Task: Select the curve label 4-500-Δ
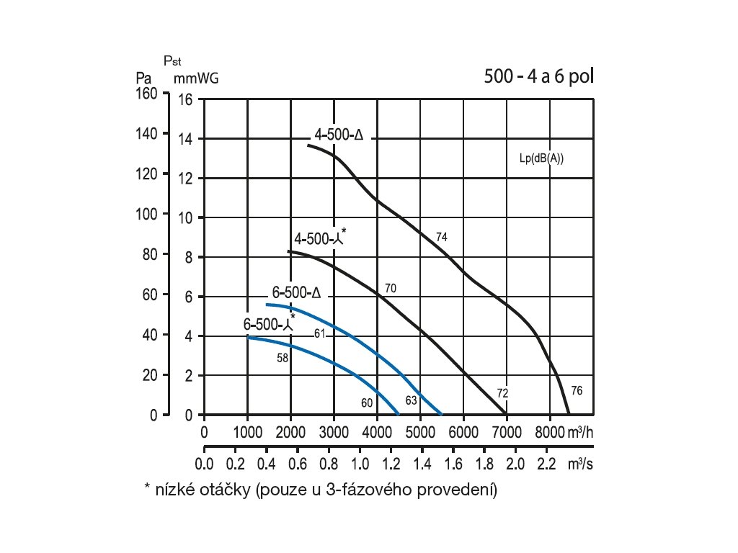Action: click(x=338, y=135)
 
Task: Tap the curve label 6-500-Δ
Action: click(x=295, y=293)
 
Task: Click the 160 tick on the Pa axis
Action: click(x=147, y=94)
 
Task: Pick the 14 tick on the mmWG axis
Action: click(x=185, y=139)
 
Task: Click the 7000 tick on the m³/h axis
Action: click(x=506, y=432)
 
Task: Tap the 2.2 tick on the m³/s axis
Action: click(x=547, y=464)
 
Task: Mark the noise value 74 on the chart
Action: click(x=442, y=237)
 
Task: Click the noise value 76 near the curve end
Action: click(x=576, y=390)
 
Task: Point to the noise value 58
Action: click(x=283, y=357)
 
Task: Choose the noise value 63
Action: click(x=411, y=400)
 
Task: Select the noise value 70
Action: click(x=391, y=288)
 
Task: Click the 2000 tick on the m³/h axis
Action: click(x=290, y=432)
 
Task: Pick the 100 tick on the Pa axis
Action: click(x=147, y=217)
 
